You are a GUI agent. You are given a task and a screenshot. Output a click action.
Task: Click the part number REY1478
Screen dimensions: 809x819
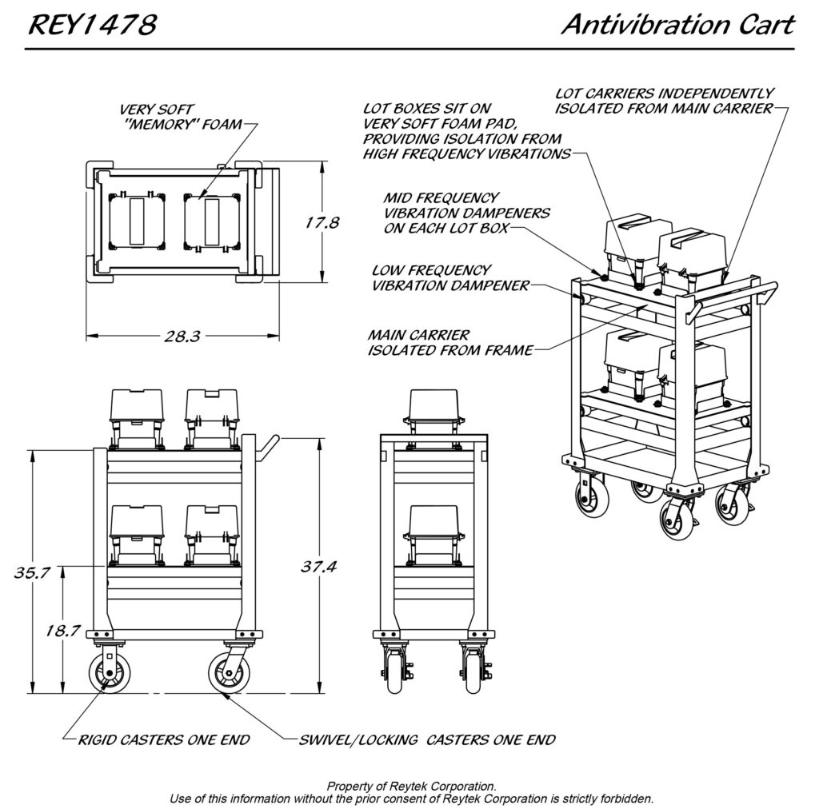pyautogui.click(x=93, y=26)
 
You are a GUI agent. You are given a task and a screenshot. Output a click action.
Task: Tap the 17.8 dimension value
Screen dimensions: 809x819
pyautogui.click(x=322, y=223)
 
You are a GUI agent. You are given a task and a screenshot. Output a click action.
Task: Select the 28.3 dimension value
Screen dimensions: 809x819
pyautogui.click(x=182, y=336)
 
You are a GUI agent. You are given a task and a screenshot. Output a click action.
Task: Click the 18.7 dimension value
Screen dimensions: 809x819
pyautogui.click(x=62, y=630)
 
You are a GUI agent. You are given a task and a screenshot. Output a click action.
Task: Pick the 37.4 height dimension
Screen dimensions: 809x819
pyautogui.click(x=318, y=567)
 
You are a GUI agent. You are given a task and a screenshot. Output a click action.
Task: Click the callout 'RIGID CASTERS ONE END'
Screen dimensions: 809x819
pyautogui.click(x=163, y=739)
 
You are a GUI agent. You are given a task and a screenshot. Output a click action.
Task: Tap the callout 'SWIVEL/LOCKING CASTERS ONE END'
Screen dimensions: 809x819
pyautogui.click(x=426, y=739)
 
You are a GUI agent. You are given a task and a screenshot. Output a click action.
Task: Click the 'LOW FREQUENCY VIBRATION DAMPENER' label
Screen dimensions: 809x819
pyautogui.click(x=450, y=278)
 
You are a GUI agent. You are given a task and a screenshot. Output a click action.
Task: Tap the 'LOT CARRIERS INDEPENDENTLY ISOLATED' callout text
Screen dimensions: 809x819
pyautogui.click(x=663, y=101)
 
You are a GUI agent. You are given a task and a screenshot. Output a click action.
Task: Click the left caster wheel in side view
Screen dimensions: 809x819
pyautogui.click(x=106, y=673)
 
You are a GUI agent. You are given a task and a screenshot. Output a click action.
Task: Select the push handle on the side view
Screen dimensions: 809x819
pyautogui.click(x=267, y=444)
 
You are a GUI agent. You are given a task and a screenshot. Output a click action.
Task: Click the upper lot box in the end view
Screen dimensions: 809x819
pyautogui.click(x=433, y=408)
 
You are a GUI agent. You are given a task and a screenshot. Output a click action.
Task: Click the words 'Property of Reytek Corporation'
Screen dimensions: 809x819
pyautogui.click(x=412, y=787)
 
